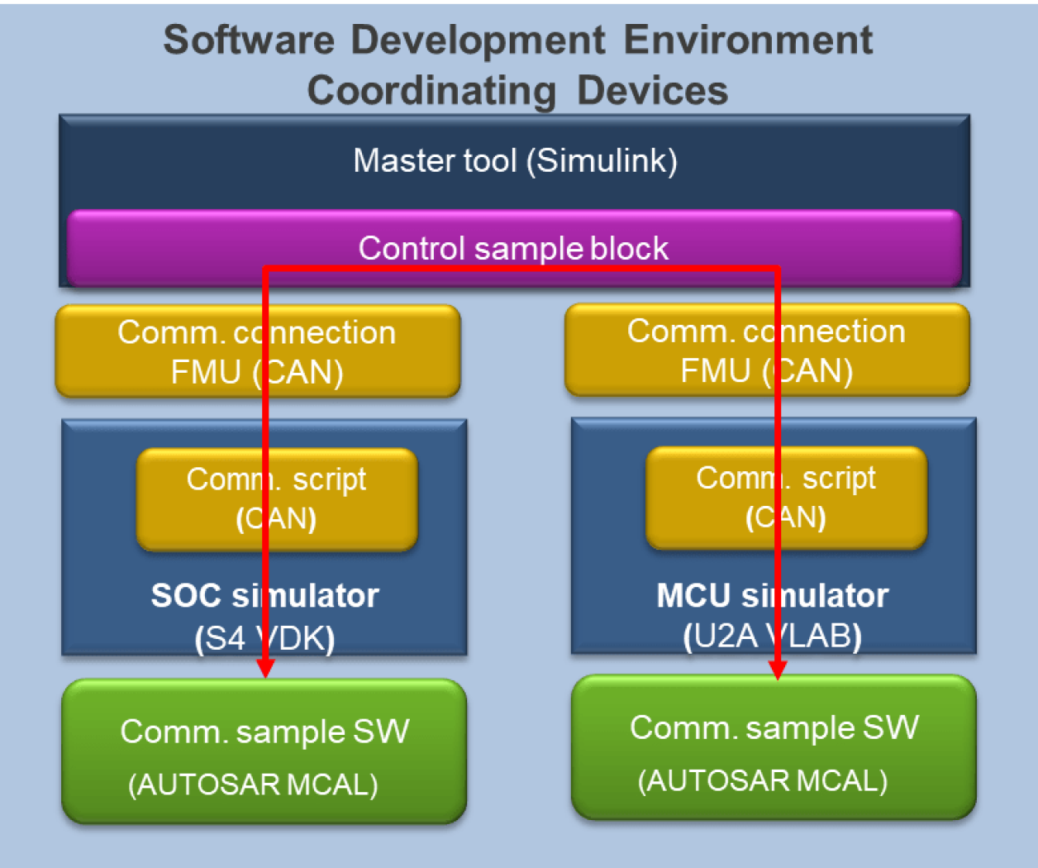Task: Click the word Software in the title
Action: coord(249,40)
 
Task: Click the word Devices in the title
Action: coord(652,90)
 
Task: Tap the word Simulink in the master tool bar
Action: coord(605,160)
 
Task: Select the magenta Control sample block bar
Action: coord(513,248)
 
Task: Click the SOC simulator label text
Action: coord(264,595)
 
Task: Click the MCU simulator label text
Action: coord(772,595)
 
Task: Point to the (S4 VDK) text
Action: coord(264,638)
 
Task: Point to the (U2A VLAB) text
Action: coord(772,637)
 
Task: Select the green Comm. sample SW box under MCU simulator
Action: coord(774,747)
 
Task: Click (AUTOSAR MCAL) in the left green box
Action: coord(253,784)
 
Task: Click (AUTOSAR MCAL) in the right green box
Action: coord(762,780)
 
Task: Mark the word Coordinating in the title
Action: coord(431,90)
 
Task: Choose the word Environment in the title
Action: coord(747,40)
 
